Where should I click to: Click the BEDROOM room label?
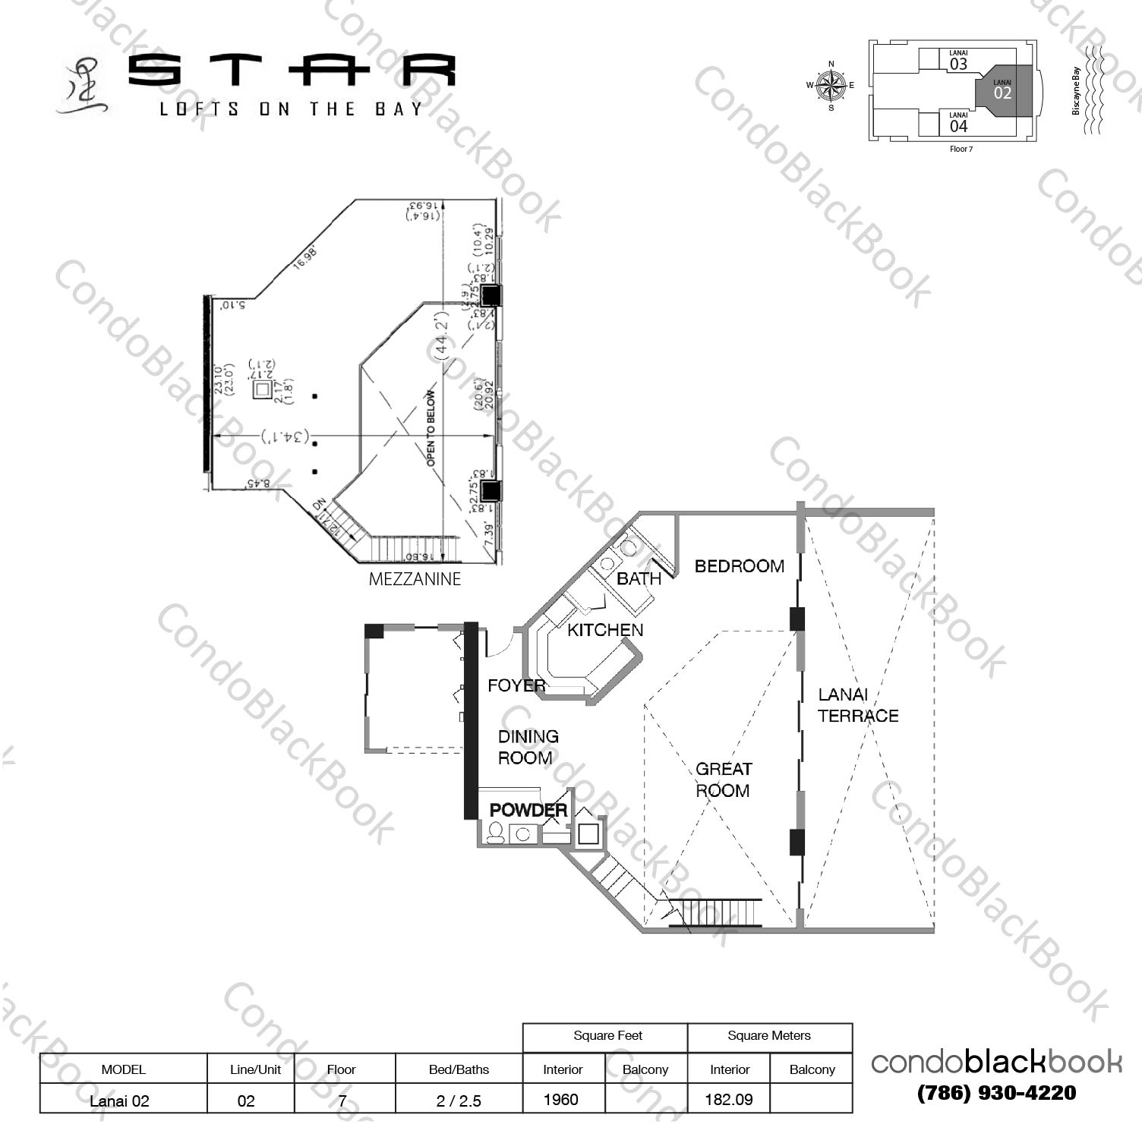739,566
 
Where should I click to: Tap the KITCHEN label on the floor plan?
605,630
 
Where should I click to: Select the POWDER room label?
528,810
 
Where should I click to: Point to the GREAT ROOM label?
723,779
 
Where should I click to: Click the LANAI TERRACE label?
857,705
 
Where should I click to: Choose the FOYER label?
516,685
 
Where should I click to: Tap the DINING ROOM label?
528,747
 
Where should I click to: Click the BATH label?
639,578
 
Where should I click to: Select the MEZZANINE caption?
415,579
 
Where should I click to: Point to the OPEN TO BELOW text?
431,428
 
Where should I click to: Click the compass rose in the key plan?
831,85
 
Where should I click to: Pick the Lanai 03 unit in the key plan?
958,61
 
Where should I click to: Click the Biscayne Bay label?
1076,91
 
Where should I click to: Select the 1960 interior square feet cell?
561,1099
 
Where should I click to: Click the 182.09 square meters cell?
728,1099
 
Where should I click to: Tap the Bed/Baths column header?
459,1069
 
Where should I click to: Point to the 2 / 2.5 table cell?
459,1101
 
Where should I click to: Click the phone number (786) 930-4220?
996,1093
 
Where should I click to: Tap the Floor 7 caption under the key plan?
961,149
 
